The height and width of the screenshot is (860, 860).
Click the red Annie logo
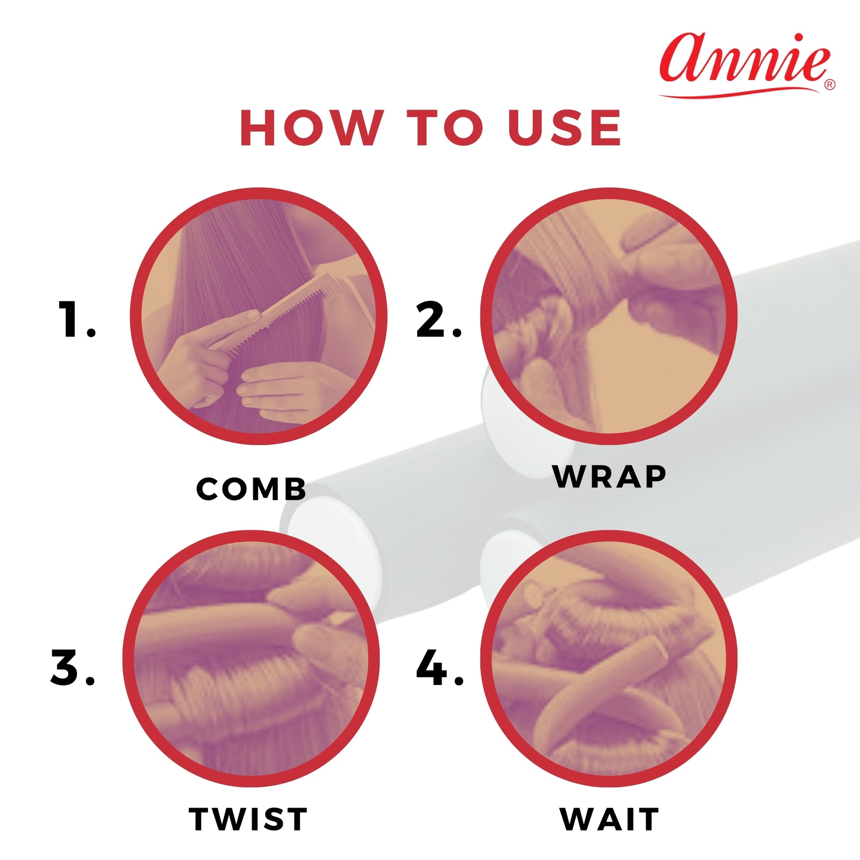(746, 64)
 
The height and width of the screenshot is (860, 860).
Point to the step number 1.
(77, 319)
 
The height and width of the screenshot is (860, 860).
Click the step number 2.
(439, 319)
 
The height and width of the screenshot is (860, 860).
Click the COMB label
(251, 489)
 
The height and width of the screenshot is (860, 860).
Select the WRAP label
(609, 477)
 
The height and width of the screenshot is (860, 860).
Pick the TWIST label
(248, 818)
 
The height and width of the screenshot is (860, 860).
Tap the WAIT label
(609, 818)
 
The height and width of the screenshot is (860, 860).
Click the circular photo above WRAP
(609, 316)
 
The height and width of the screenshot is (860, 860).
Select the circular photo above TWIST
(251, 659)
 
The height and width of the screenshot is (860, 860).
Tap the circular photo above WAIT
(609, 659)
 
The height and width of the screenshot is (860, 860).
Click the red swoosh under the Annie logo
(739, 93)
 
